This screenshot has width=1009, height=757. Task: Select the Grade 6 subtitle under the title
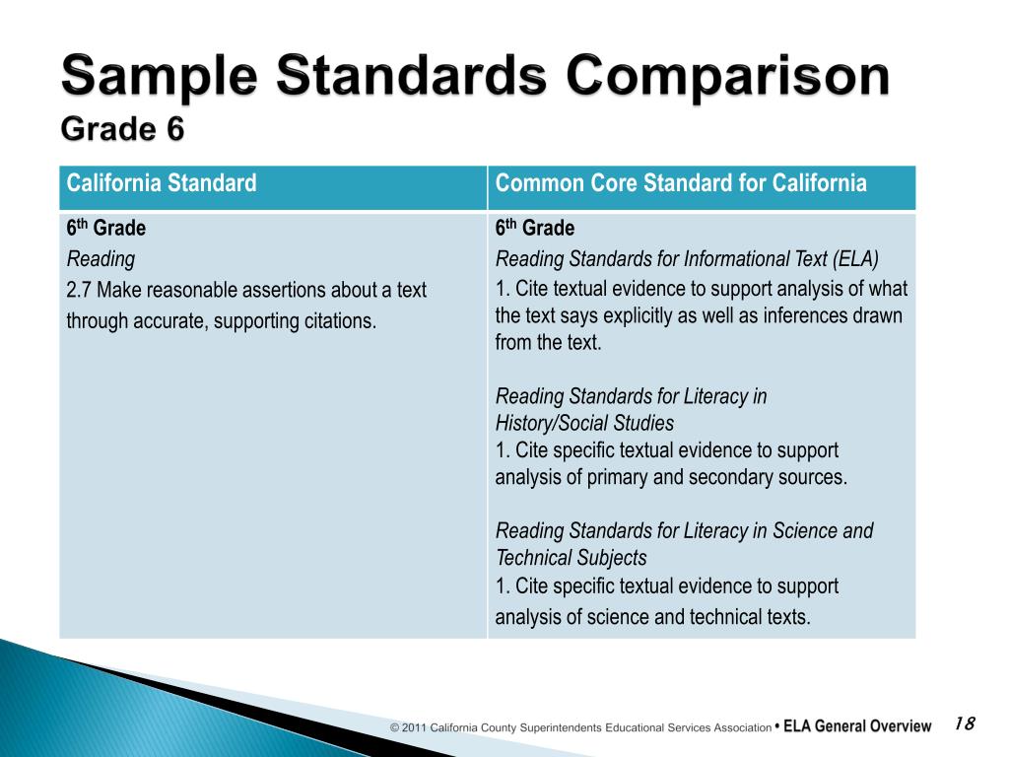click(122, 129)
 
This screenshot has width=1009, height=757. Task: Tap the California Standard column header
click(162, 183)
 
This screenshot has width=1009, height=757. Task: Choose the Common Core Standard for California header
click(681, 183)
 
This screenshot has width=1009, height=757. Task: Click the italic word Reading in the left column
click(101, 259)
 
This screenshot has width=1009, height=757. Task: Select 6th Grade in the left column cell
click(105, 229)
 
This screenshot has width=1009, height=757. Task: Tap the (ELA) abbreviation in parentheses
click(855, 259)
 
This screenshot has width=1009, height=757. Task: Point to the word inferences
click(803, 316)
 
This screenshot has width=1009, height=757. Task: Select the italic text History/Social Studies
click(584, 424)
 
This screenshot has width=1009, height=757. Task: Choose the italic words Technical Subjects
click(571, 558)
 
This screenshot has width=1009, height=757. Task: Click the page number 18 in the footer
click(964, 724)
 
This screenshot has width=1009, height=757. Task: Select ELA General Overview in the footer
click(858, 726)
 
